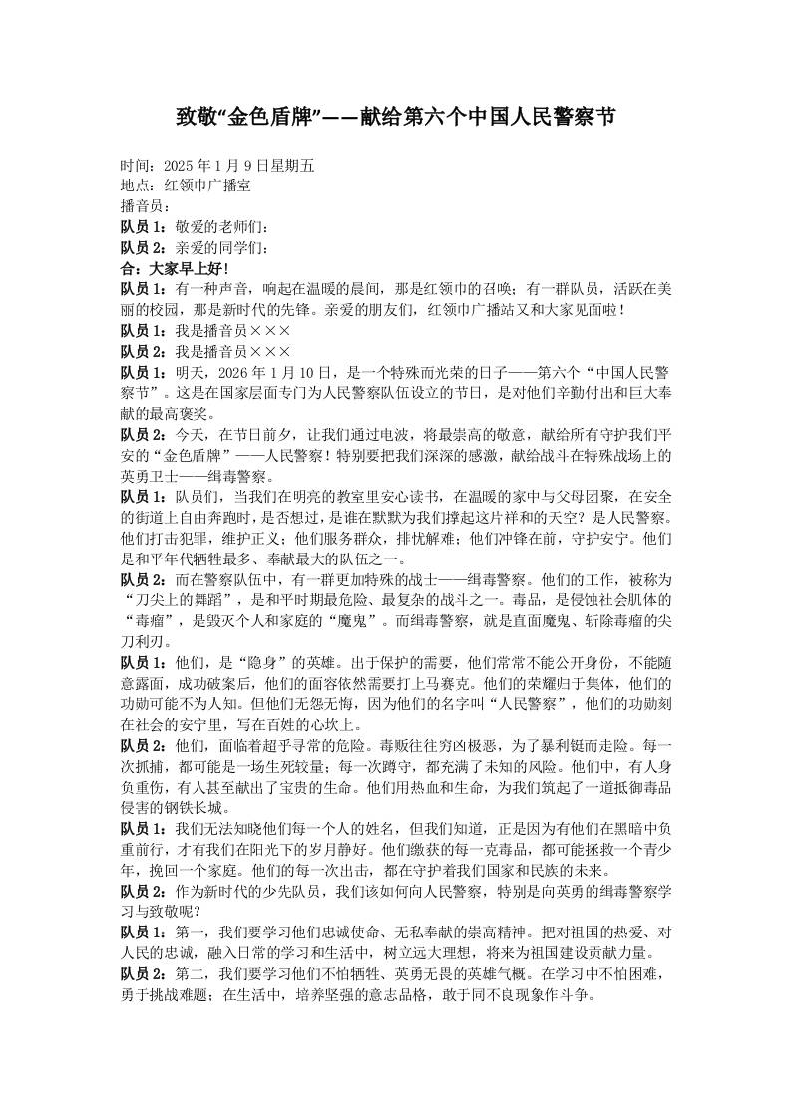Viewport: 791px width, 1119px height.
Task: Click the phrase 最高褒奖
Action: click(x=166, y=413)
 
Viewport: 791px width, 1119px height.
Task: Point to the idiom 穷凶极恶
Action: click(x=502, y=744)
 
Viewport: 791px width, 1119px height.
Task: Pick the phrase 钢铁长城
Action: click(x=199, y=806)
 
